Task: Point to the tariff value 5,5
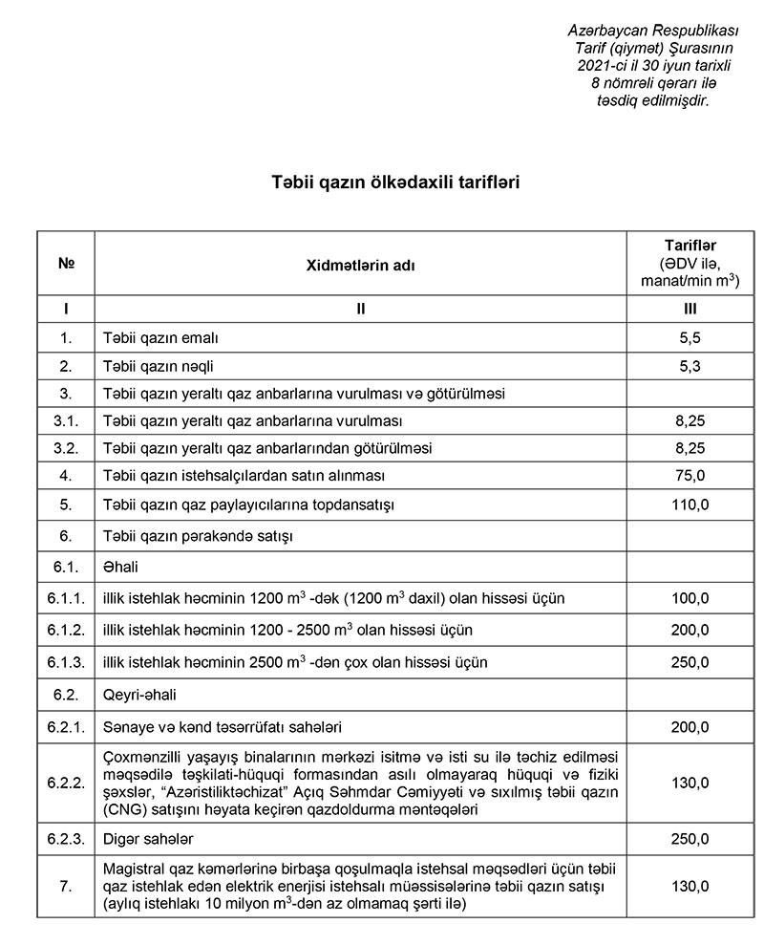click(690, 338)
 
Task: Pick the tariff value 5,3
click(690, 365)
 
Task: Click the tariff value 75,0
click(690, 474)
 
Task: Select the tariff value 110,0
click(690, 504)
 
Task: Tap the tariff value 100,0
click(690, 599)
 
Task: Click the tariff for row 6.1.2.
click(690, 631)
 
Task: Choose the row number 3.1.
click(66, 419)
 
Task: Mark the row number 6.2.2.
click(66, 784)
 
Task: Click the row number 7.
click(66, 888)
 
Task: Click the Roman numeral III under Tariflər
click(690, 309)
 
